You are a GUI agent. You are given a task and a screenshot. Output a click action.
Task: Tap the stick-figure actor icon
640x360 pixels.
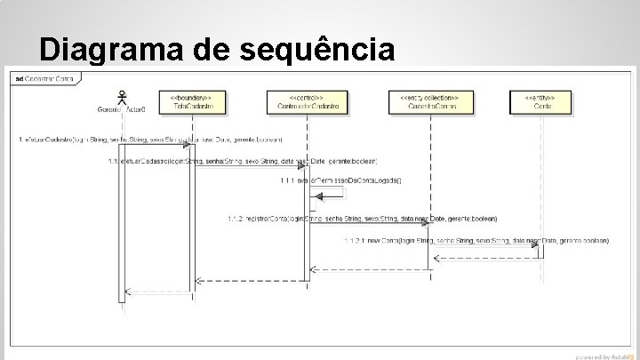pos(123,95)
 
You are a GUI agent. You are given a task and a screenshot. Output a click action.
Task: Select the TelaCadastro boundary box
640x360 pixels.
pos(192,102)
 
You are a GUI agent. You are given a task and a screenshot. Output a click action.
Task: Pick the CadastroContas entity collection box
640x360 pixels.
pos(431,102)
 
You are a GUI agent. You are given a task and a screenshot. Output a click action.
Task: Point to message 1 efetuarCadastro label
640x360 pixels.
pos(151,140)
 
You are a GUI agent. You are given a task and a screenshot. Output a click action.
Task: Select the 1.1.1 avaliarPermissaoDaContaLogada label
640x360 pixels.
pos(341,180)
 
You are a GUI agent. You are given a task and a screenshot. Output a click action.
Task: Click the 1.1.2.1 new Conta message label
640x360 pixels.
pos(476,240)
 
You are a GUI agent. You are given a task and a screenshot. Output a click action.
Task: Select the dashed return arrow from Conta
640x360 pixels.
pos(487,259)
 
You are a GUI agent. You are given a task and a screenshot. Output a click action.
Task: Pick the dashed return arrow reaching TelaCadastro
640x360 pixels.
pos(252,280)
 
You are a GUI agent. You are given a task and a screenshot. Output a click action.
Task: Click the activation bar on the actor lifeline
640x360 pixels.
pos(123,222)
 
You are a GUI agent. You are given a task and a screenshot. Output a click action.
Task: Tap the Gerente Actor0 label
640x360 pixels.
pos(122,110)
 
